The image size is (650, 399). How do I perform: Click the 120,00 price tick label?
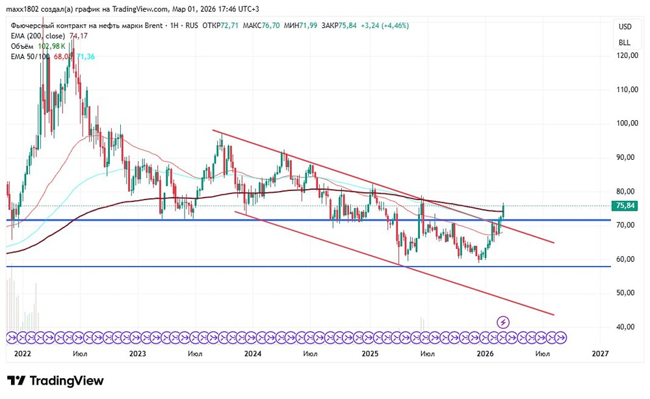[625, 56]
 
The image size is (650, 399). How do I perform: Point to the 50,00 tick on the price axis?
[625, 293]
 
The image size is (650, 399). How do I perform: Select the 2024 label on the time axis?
[253, 354]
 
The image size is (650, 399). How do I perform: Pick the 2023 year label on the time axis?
[137, 354]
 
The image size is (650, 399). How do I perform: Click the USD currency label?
[625, 27]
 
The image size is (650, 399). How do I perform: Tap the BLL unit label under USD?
[625, 42]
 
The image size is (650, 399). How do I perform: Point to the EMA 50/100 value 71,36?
[87, 57]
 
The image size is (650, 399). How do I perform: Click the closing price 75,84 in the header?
[352, 25]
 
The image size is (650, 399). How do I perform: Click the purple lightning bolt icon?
[503, 322]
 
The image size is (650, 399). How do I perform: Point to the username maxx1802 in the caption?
[22, 9]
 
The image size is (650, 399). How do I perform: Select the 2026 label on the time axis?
[485, 354]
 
